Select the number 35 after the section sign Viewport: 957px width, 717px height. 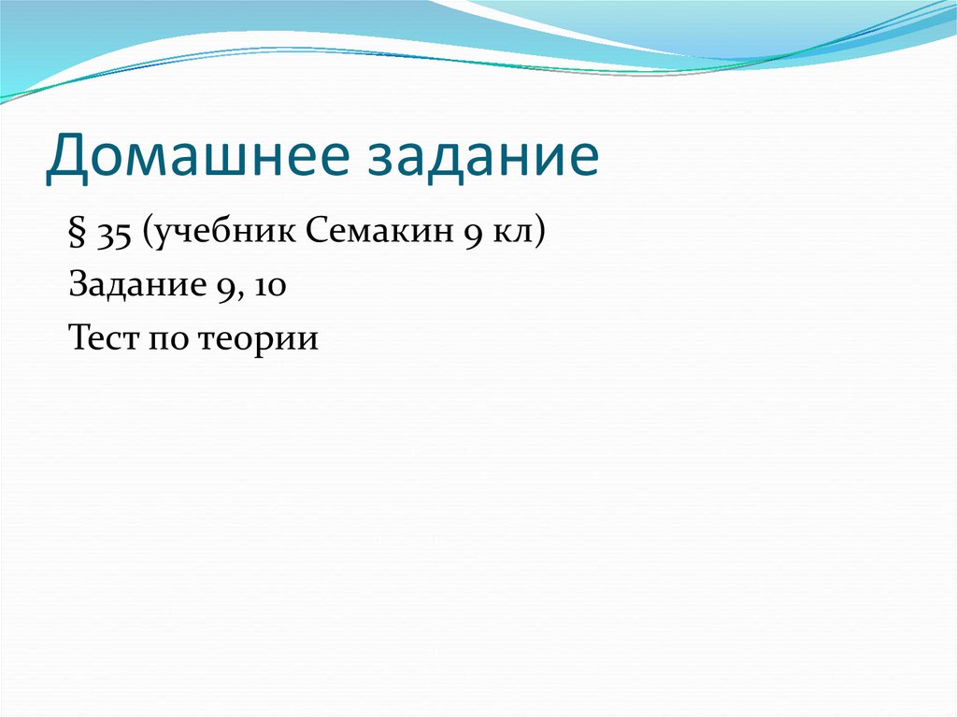click(x=112, y=234)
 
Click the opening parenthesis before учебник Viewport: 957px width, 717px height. click(x=147, y=234)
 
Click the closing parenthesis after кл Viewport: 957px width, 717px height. click(x=537, y=234)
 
